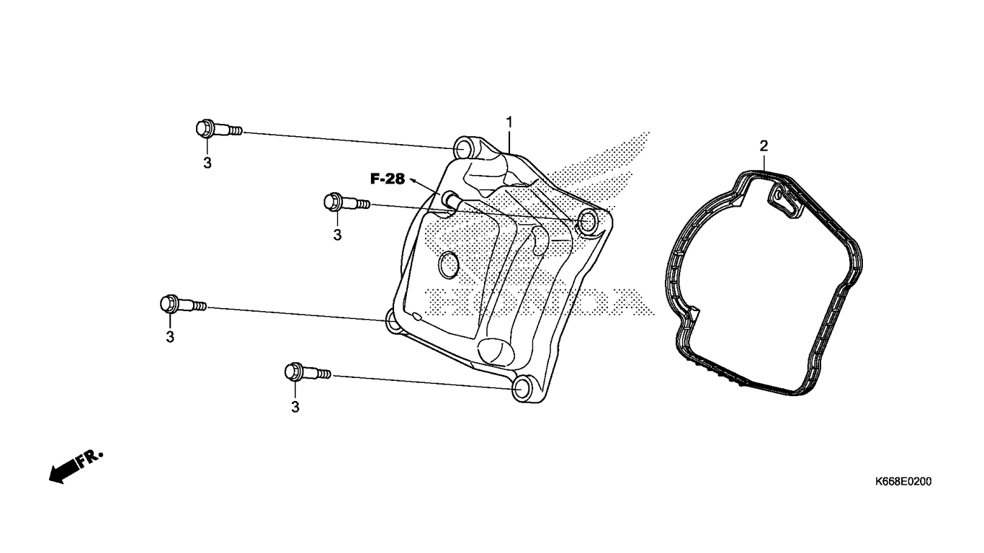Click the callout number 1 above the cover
(x=509, y=122)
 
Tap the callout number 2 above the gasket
(x=764, y=146)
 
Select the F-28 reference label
(x=388, y=179)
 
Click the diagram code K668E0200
(x=903, y=482)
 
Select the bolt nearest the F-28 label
(x=347, y=203)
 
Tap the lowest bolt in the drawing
(x=308, y=372)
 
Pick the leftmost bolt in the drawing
(x=183, y=304)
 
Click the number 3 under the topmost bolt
(x=207, y=163)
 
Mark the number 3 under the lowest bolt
(x=295, y=407)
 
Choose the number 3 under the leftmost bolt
(x=170, y=337)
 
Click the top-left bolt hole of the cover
(x=462, y=149)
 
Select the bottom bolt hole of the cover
(x=523, y=389)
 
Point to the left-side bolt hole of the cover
(x=393, y=321)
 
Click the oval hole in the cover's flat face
(x=449, y=265)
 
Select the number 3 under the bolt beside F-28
(x=337, y=235)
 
